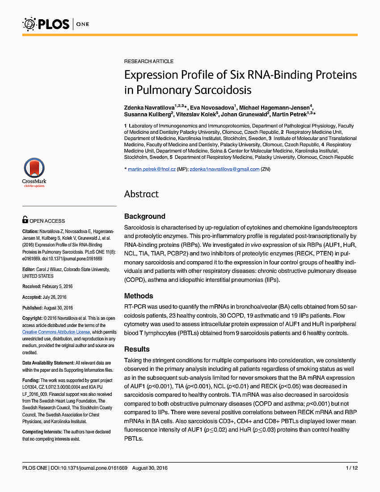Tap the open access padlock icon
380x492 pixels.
pos(25,220)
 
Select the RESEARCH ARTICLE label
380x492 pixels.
pos(149,61)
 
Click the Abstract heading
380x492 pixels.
pos(141,194)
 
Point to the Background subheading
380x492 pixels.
pos(144,216)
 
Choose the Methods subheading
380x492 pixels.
pos(139,296)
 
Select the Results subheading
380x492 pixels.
pos(137,349)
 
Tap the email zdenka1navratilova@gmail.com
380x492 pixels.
pos(224,169)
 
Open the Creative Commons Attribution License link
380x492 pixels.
pos(56,332)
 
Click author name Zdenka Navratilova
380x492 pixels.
pos(149,109)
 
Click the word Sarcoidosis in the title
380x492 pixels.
pos(223,90)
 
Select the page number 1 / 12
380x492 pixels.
pos(352,468)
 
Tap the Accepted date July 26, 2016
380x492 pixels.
pos(52,297)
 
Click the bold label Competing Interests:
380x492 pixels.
pos(42,432)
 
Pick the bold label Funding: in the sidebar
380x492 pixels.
pos(31,380)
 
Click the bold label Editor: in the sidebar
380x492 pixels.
pos(28,269)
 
